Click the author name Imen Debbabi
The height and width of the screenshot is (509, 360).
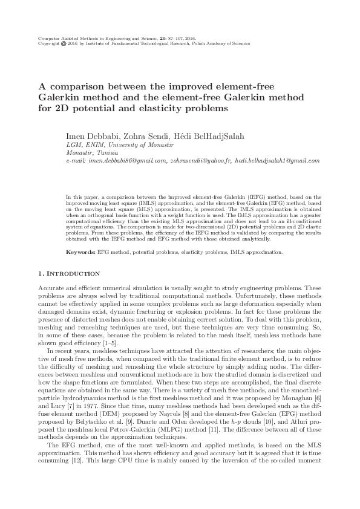click(91, 136)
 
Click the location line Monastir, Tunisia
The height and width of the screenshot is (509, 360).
click(89, 154)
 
